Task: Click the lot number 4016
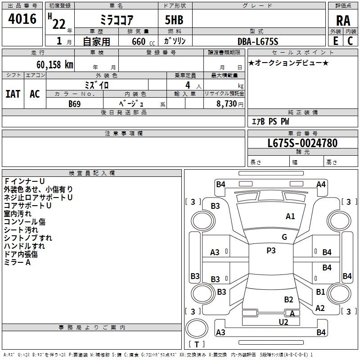(x=22, y=19)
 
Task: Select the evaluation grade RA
(x=343, y=20)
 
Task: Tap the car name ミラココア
(x=116, y=20)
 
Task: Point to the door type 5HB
(x=174, y=20)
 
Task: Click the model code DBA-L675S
(x=258, y=41)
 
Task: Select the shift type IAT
(x=13, y=94)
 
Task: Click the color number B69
(x=75, y=103)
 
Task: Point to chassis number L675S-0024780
(x=302, y=143)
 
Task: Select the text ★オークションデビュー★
(x=288, y=63)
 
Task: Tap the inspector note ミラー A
(x=17, y=262)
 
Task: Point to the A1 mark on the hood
(x=290, y=216)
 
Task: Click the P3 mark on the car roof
(x=271, y=251)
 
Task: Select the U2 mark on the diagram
(x=283, y=321)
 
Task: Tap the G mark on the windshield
(x=284, y=237)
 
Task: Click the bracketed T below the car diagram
(x=197, y=344)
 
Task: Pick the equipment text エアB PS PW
(x=270, y=121)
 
